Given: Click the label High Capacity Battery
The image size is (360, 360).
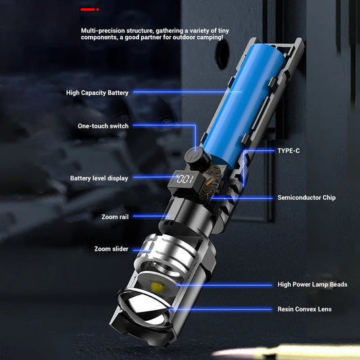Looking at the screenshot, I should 97,93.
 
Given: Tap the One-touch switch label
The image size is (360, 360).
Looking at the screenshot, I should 102,126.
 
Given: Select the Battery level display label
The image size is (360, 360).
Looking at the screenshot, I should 99,178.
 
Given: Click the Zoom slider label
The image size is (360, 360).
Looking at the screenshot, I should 111,249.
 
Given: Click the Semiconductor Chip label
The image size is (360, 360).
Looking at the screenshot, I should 306,198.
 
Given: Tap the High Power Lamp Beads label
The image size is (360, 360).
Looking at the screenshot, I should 312,284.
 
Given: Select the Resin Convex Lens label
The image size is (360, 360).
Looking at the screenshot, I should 304,309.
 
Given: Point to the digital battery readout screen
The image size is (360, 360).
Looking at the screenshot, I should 183,180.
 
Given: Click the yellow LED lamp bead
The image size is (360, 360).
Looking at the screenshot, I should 157,286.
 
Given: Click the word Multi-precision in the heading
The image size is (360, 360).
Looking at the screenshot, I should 102,30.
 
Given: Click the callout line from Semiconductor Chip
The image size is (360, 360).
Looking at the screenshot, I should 243,198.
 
